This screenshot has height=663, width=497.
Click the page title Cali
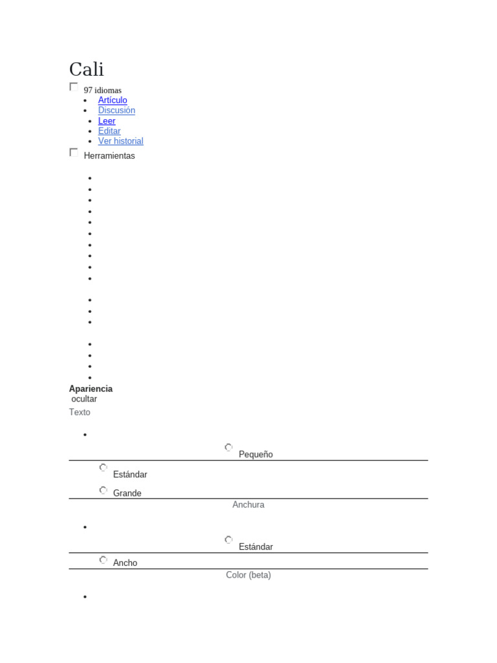coord(86,69)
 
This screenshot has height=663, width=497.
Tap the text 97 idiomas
coord(102,90)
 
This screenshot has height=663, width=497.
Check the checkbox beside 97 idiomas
coord(74,86)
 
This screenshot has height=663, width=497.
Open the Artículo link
coord(113,100)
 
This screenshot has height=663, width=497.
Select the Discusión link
coord(116,110)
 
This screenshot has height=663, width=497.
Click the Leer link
coord(107,121)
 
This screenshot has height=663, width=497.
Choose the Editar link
coord(109,131)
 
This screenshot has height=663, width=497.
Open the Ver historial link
coord(120,141)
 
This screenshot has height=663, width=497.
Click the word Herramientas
coord(109,156)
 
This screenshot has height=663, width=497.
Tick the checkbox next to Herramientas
coord(74,152)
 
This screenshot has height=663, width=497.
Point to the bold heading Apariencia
coord(91,388)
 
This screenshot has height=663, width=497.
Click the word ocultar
coord(84,399)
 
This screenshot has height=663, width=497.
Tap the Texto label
coord(80,412)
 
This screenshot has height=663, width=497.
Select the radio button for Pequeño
coord(228,447)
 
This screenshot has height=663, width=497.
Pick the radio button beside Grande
coord(103,490)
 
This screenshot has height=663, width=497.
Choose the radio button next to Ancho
coord(103,559)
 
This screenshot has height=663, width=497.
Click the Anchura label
coord(248,504)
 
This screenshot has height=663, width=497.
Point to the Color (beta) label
coord(248,575)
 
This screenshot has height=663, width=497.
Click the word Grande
coord(127,493)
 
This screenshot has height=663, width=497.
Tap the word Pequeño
coord(256,455)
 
